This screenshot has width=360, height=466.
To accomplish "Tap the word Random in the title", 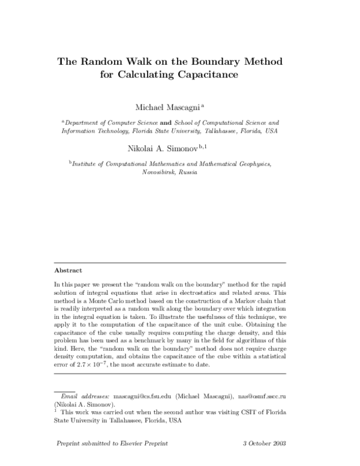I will point(104,62).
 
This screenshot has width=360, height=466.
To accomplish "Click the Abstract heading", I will point(68,270).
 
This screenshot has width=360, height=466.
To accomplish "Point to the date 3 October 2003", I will point(264,444).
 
